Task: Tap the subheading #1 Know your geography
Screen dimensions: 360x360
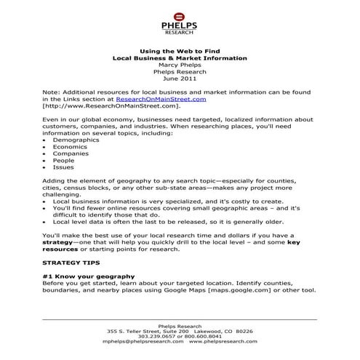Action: pyautogui.click(x=88, y=276)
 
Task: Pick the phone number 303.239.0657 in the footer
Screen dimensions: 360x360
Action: pyautogui.click(x=159, y=335)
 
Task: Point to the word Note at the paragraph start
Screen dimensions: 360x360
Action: pyautogui.click(x=51, y=92)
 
